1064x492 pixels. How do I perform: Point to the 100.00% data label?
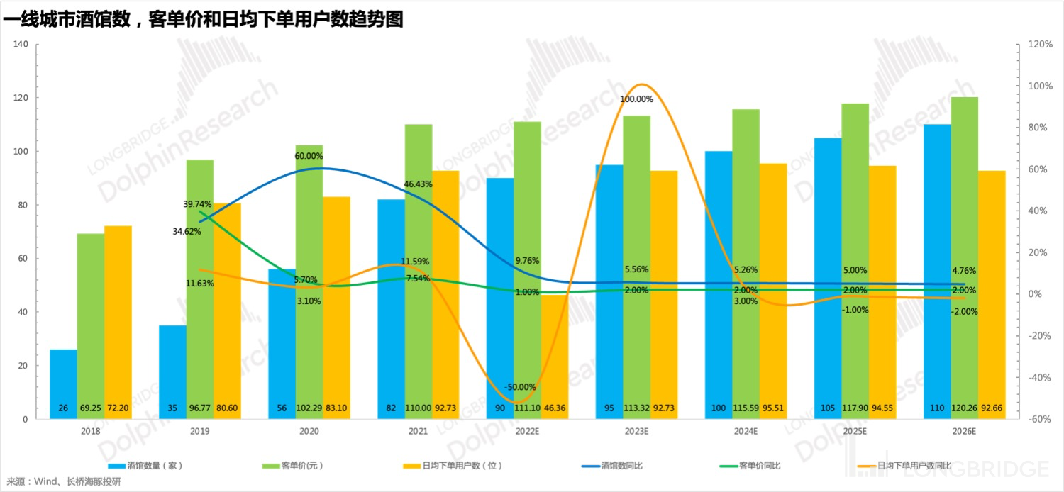point(636,99)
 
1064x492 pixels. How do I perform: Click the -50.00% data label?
point(521,387)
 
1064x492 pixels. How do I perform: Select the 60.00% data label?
point(309,156)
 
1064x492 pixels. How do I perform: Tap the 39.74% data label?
point(197,204)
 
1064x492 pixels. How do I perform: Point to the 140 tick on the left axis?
point(21,44)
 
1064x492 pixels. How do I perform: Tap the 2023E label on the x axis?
point(636,431)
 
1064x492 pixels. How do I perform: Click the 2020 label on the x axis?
point(309,431)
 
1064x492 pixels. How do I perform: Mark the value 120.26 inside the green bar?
point(965,409)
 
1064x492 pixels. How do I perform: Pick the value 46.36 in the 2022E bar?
point(555,409)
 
